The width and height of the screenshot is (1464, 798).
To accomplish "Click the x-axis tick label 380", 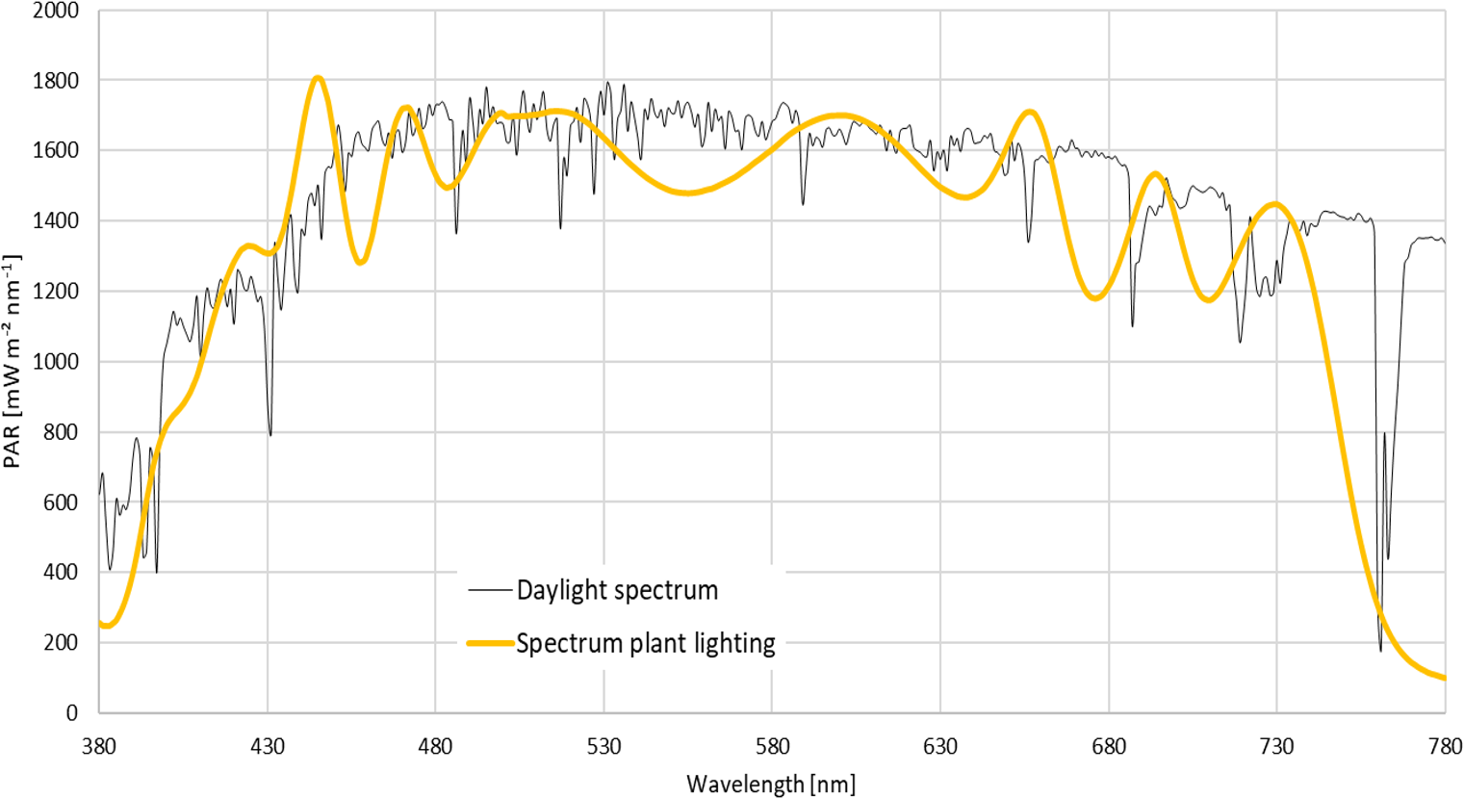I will [x=99, y=746].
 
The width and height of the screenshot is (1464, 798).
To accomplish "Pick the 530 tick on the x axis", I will [x=604, y=746].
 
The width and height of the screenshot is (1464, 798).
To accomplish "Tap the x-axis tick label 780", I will [x=1445, y=746].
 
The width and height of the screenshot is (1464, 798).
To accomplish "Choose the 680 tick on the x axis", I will [x=1109, y=746].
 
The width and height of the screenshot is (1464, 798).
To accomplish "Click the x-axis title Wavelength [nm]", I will [x=771, y=784].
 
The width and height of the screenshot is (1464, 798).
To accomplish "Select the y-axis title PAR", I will [x=13, y=362].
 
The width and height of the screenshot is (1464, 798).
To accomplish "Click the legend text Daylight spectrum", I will [x=617, y=590].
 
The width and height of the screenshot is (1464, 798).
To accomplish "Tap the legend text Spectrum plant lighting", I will [x=646, y=643].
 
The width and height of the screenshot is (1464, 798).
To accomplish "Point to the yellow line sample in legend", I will [x=490, y=643].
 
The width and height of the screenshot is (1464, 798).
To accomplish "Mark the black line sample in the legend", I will [x=490, y=590].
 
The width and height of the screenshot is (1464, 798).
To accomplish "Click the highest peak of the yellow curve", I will [x=318, y=77].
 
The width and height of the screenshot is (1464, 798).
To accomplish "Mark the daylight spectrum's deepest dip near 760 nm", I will [x=1380, y=651].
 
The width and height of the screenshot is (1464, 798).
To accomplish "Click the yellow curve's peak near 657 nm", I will [x=1030, y=112].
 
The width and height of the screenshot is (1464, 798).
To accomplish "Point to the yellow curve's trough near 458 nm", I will [x=361, y=263].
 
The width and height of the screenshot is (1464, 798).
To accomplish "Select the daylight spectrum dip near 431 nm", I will [x=270, y=435].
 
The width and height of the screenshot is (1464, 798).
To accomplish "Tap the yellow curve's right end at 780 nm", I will [x=1444, y=678].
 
